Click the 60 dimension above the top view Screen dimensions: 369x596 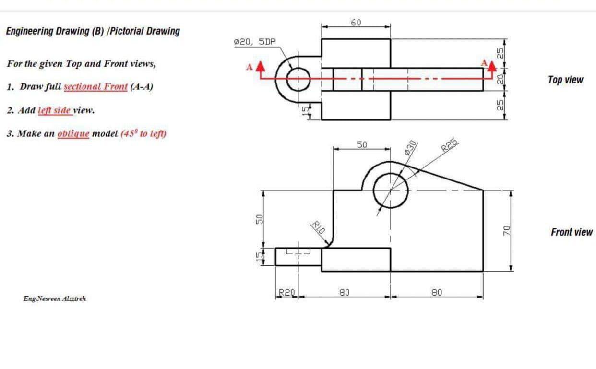pyautogui.click(x=356, y=22)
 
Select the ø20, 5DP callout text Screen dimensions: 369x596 pyautogui.click(x=254, y=42)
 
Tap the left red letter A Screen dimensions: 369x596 pyautogui.click(x=249, y=67)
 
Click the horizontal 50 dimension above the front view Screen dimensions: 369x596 pyautogui.click(x=361, y=144)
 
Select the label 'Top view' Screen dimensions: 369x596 pyautogui.click(x=565, y=80)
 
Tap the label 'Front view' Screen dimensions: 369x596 pyautogui.click(x=572, y=232)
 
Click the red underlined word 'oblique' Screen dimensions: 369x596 pyautogui.click(x=73, y=133)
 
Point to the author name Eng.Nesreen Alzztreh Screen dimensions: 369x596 pyautogui.click(x=55, y=298)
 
